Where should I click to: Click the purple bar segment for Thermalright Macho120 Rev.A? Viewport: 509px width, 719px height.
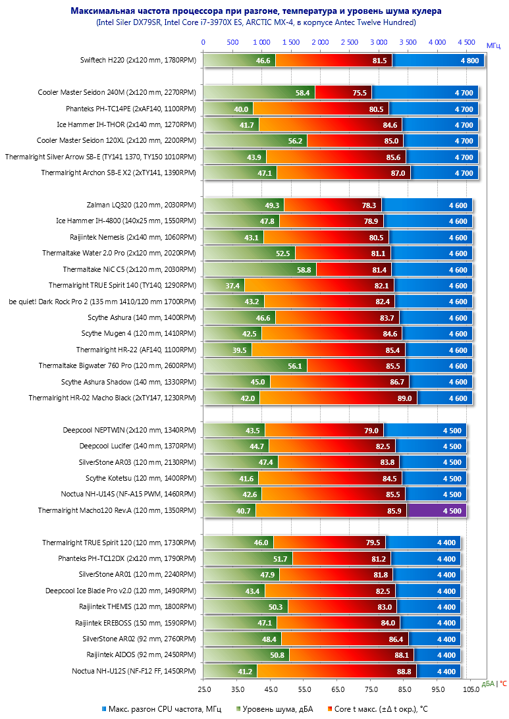pos(437,510)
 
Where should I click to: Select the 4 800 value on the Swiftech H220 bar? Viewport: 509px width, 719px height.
pos(466,61)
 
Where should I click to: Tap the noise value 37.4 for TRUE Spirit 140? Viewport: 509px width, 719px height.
pos(232,285)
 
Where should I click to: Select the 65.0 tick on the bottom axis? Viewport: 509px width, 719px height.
pos(338,689)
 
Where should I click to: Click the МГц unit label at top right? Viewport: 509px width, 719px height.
pos(494,45)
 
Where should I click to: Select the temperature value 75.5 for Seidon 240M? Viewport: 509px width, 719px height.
pos(360,93)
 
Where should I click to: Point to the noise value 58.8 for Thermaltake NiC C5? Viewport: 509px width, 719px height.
pos(304,269)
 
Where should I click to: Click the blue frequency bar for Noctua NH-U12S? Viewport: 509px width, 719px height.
pos(439,672)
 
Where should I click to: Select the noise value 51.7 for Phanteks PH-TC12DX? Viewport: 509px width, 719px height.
pos(281,559)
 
